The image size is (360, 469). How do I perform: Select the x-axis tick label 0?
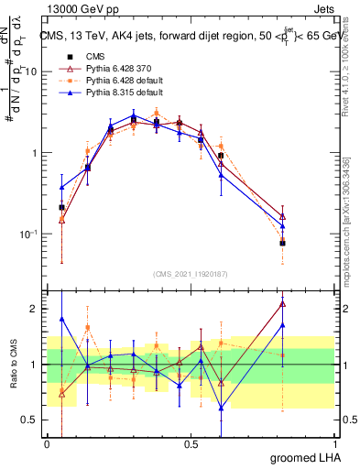(48, 444)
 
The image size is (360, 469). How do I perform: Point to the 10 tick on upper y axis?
(32, 71)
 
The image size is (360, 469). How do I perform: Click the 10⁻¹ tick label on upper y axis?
(28, 234)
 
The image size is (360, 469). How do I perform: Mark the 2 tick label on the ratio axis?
(35, 309)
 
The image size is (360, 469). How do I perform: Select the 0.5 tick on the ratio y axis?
(30, 420)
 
